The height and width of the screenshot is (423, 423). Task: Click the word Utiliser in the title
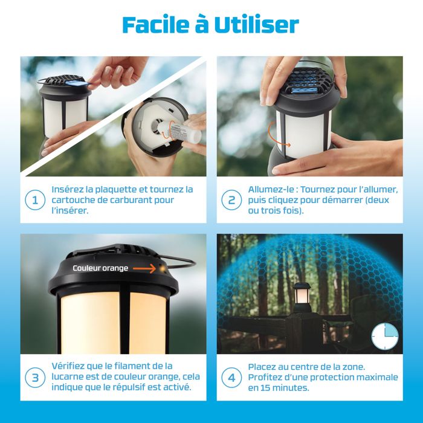point(259,24)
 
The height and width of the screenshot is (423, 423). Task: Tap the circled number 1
point(36,200)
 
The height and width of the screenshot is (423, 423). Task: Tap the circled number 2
point(231,200)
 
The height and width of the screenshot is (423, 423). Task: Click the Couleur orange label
point(100,268)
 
